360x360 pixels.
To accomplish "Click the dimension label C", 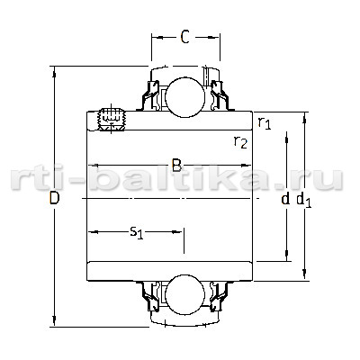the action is (x=185, y=37).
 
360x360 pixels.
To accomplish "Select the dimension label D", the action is (x=54, y=198).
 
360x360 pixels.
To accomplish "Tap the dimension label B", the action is (x=176, y=165).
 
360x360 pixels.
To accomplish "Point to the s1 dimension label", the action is (x=137, y=232).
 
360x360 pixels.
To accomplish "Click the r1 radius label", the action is (x=265, y=123).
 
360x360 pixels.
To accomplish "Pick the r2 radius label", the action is (x=240, y=142).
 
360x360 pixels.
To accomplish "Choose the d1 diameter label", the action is (x=304, y=200).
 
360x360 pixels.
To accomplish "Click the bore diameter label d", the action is (x=285, y=199).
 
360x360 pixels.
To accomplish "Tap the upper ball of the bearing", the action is (x=185, y=97).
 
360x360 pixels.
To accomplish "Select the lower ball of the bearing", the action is (x=185, y=295).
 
